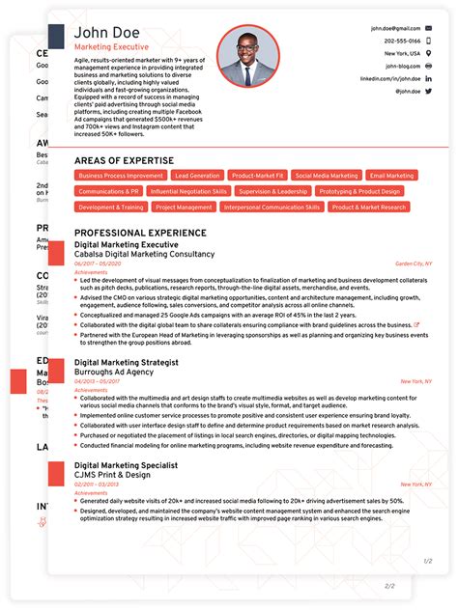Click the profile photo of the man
(x=248, y=57)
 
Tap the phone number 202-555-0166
(x=402, y=42)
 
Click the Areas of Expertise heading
(x=125, y=160)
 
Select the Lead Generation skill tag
(x=197, y=176)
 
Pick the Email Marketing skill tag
(x=391, y=176)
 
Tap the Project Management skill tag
(x=184, y=207)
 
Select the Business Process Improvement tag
(x=121, y=176)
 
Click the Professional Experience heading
(x=140, y=233)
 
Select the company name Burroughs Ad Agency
(x=113, y=372)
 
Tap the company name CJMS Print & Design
(x=112, y=474)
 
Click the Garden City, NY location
(x=414, y=263)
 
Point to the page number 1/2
(x=427, y=561)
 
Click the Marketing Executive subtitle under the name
(x=105, y=47)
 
